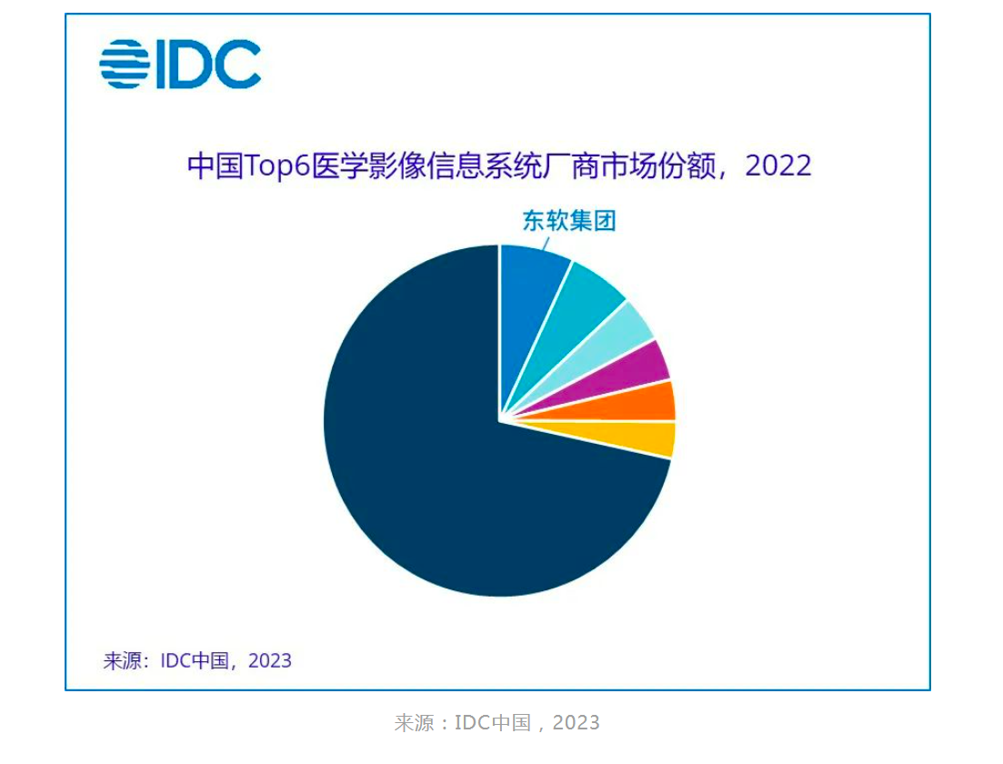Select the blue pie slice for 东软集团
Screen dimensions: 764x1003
[532, 291]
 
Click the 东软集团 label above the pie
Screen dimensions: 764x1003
[569, 221]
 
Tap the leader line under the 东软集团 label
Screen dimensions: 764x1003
[547, 242]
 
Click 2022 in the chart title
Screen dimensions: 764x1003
[777, 166]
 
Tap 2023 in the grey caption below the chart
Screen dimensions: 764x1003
[577, 723]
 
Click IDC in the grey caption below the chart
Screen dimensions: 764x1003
[473, 723]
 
